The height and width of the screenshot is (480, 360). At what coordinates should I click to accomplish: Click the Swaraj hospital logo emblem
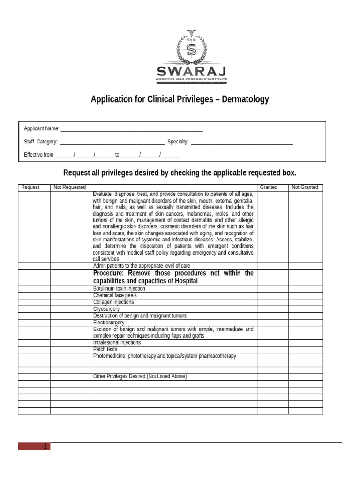coord(191,48)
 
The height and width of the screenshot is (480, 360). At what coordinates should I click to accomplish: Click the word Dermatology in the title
coord(246,99)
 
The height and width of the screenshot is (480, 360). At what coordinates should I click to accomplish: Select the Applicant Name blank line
coord(132,129)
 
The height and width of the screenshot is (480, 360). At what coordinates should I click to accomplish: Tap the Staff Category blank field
coord(112,142)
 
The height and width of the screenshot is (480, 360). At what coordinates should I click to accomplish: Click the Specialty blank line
coord(242,142)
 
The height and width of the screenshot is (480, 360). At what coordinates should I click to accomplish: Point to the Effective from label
coord(38,155)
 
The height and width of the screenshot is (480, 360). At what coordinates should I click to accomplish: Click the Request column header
coord(30,187)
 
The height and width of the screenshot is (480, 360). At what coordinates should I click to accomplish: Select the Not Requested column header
coord(70,187)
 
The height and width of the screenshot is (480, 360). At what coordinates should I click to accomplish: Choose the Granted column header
coord(269,187)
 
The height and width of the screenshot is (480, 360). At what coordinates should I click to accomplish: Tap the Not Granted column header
coord(305,187)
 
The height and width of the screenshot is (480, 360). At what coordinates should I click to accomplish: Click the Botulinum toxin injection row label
coord(119,289)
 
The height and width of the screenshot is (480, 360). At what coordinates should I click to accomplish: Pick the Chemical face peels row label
coord(115,296)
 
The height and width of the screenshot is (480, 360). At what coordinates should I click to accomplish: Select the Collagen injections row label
coord(113,302)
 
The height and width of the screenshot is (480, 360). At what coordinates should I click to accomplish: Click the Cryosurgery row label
coord(106,309)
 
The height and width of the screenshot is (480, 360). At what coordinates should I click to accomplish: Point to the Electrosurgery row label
coord(109,322)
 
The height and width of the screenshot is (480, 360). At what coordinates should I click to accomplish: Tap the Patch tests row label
coord(105,349)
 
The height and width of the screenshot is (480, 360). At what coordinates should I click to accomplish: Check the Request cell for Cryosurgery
coord(34,309)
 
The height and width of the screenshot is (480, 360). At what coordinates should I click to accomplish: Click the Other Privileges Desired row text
coord(140,376)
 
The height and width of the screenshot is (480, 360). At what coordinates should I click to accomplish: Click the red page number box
coord(34,446)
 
